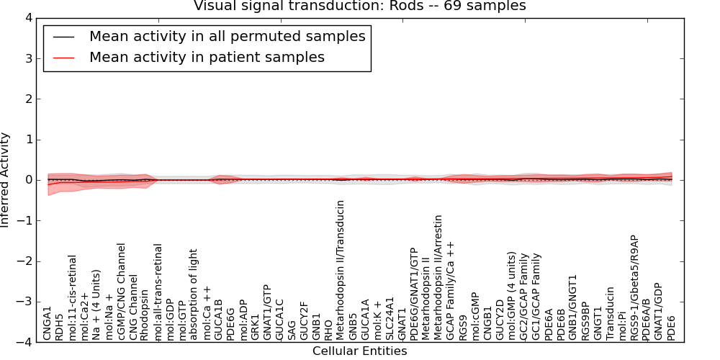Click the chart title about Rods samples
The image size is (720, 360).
359,6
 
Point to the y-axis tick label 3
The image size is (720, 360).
29,59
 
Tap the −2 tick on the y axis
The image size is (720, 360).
25,261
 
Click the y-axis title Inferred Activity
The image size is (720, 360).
5,180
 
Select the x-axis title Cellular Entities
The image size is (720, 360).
359,351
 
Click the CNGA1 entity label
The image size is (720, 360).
48,324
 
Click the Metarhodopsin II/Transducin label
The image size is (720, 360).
341,271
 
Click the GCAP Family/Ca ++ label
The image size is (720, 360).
451,292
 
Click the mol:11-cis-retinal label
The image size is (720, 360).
72,299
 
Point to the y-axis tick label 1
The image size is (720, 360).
29,140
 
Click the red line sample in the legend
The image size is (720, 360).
64,58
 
